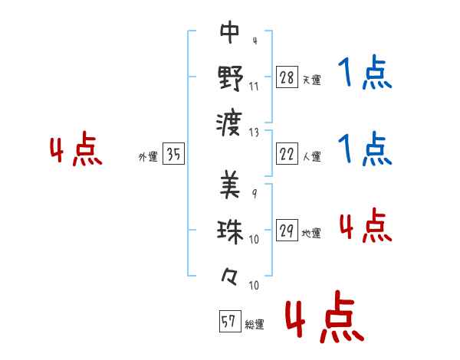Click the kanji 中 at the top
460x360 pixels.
pyautogui.click(x=230, y=32)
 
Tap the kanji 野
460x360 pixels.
pyautogui.click(x=231, y=77)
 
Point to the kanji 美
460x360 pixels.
pyautogui.click(x=230, y=185)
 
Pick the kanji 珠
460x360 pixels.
pyautogui.click(x=230, y=231)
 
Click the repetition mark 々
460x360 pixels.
pyautogui.click(x=229, y=277)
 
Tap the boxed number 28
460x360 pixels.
pyautogui.click(x=287, y=77)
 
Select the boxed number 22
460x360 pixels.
pyautogui.click(x=287, y=153)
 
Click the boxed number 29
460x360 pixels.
pyautogui.click(x=287, y=230)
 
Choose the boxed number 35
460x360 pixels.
pyautogui.click(x=173, y=153)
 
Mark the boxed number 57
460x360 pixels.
pyautogui.click(x=230, y=321)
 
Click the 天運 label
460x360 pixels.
pyautogui.click(x=312, y=80)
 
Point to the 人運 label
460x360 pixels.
pyautogui.click(x=312, y=156)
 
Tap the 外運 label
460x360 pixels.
pyautogui.click(x=148, y=156)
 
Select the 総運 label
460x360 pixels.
pyautogui.click(x=255, y=325)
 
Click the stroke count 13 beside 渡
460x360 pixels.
pyautogui.click(x=254, y=133)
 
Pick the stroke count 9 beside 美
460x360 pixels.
pyautogui.click(x=255, y=194)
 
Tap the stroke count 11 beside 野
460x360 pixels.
pyautogui.click(x=254, y=87)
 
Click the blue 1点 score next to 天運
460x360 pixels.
pyautogui.click(x=365, y=72)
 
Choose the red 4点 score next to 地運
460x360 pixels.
pyautogui.click(x=366, y=225)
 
